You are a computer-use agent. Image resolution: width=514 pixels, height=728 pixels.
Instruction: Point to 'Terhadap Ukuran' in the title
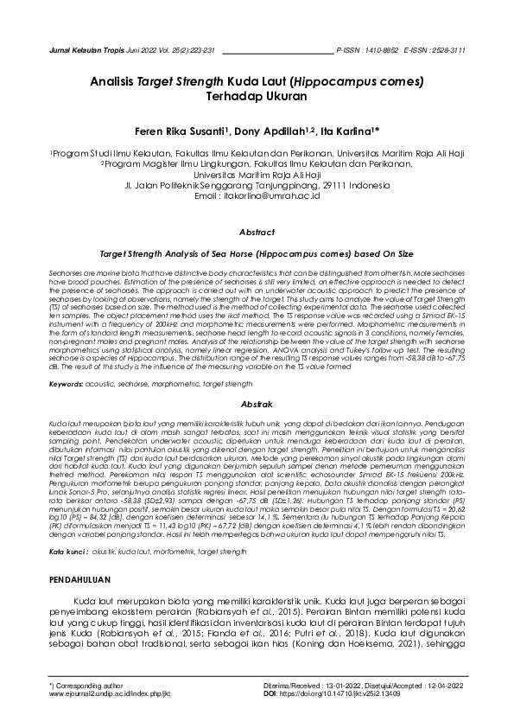point(257,98)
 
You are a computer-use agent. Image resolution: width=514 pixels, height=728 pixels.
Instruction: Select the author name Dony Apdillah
point(268,131)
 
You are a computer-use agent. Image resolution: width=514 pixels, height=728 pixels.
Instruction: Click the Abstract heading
point(257,233)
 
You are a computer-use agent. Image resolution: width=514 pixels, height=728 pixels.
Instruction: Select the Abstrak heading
point(257,404)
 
